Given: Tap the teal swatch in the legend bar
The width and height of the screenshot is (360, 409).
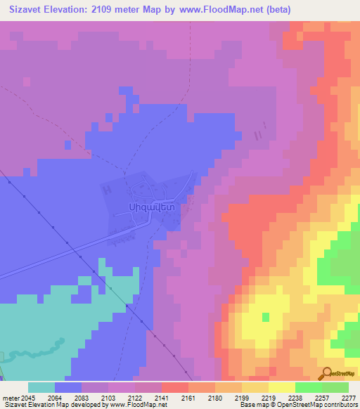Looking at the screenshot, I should (41, 387).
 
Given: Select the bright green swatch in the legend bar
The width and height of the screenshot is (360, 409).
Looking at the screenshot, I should (308, 387).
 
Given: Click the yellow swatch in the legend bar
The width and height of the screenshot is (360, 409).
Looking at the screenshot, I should (281, 387).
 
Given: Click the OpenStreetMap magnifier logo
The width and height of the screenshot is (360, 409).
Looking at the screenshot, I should (328, 373).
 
